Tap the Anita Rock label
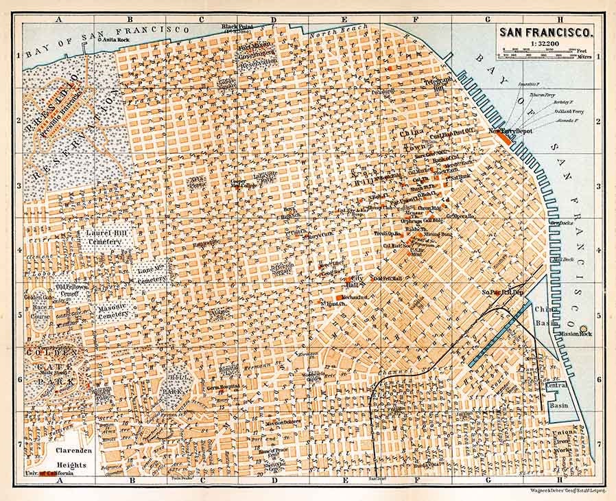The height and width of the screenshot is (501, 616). tap(115, 39)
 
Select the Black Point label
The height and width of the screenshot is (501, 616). tap(237, 27)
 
